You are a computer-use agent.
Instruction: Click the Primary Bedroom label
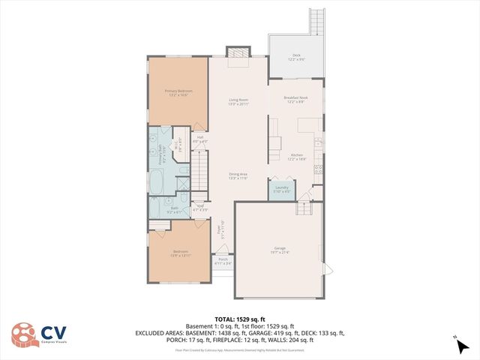coord(178,93)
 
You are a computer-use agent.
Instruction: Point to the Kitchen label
coord(297,156)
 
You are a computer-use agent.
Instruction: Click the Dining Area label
coord(238,176)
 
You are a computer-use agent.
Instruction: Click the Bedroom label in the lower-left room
coord(181,253)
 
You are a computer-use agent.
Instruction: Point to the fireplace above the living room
coord(238,53)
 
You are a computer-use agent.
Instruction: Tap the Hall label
coord(200,139)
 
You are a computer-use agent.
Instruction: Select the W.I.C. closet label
coord(177,146)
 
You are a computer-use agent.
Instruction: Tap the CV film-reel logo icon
coord(25,336)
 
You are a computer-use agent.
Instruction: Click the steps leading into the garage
coord(303,208)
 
